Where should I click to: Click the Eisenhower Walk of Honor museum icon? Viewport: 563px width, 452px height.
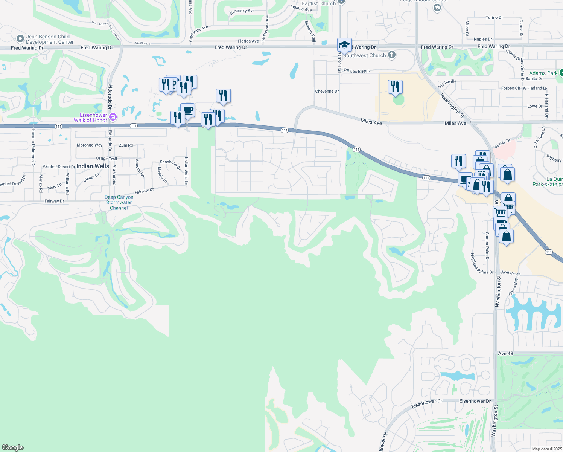tap(113, 118)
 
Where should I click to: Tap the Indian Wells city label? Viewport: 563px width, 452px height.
tap(93, 166)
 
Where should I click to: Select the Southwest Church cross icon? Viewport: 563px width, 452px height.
tap(392, 55)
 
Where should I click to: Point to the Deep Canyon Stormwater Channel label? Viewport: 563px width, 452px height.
tap(119, 203)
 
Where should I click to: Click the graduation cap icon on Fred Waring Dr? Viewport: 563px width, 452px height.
tap(344, 45)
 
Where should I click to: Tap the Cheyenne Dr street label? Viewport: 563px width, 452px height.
tap(327, 91)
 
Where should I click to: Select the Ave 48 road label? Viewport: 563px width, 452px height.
tap(505, 353)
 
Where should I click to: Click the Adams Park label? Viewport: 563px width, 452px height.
tap(543, 73)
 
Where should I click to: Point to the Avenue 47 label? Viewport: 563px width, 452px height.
tap(510, 273)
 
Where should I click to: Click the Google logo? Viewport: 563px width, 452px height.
tap(13, 447)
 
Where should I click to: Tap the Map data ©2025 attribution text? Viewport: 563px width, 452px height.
tap(547, 449)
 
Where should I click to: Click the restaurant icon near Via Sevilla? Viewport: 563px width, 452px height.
tap(395, 87)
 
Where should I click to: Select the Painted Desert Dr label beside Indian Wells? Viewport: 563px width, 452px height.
tap(59, 166)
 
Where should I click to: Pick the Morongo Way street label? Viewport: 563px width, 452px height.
tap(90, 145)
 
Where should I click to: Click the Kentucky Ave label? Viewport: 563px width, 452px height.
tap(242, 11)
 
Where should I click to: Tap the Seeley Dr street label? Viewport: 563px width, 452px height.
tap(502, 144)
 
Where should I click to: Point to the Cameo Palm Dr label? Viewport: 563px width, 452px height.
tap(487, 246)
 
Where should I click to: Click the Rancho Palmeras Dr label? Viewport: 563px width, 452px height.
tap(33, 148)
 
